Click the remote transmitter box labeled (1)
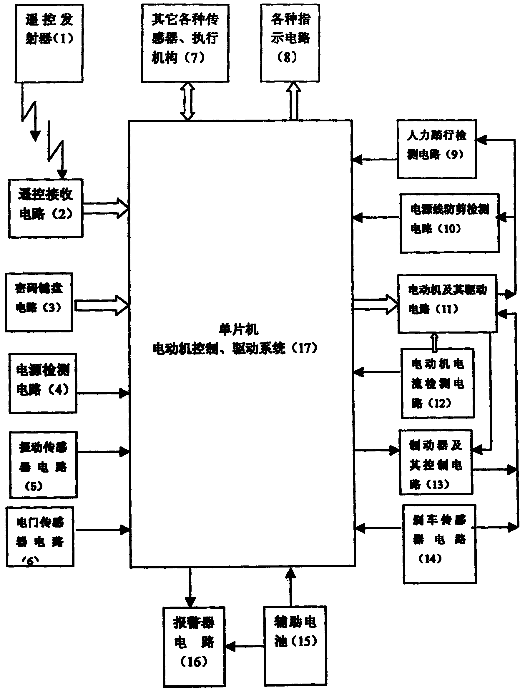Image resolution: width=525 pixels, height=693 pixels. point(49,43)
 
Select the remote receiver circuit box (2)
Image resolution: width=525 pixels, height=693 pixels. point(46,208)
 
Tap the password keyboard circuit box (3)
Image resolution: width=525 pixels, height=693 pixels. point(39,302)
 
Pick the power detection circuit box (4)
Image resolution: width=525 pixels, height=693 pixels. point(43,383)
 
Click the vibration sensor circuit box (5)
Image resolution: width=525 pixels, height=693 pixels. point(43,465)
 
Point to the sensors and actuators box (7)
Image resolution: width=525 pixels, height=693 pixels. point(185,43)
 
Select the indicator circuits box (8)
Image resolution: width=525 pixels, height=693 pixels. point(290,43)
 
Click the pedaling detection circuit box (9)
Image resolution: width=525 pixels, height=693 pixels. point(436,149)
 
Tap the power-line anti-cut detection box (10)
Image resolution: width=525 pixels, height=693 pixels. point(449,223)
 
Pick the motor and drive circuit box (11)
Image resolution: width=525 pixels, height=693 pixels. point(447,304)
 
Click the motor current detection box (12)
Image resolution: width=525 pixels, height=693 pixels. point(438,383)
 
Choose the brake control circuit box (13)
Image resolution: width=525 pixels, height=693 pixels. point(436,462)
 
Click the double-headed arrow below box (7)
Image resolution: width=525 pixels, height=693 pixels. point(187,101)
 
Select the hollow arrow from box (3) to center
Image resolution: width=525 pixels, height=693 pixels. point(101,305)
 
